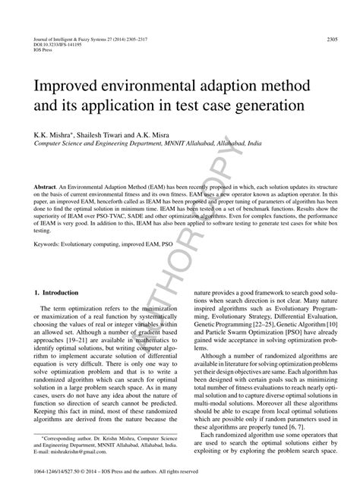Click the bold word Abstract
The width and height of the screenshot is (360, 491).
click(46, 185)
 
